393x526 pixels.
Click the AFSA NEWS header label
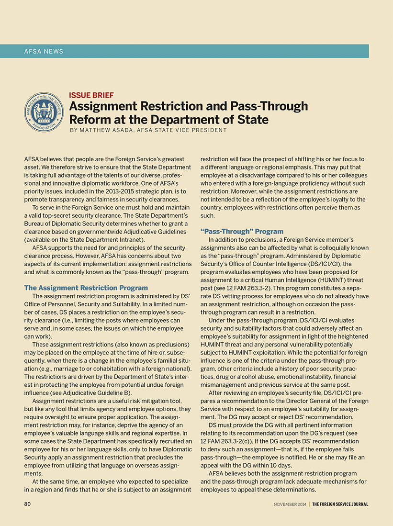click(44, 51)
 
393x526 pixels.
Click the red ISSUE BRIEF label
click(91, 95)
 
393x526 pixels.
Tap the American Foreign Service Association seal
click(44, 113)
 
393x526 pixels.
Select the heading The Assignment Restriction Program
click(86, 288)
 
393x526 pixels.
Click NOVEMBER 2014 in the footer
click(290, 504)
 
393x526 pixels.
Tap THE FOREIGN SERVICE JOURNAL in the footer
click(340, 504)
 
